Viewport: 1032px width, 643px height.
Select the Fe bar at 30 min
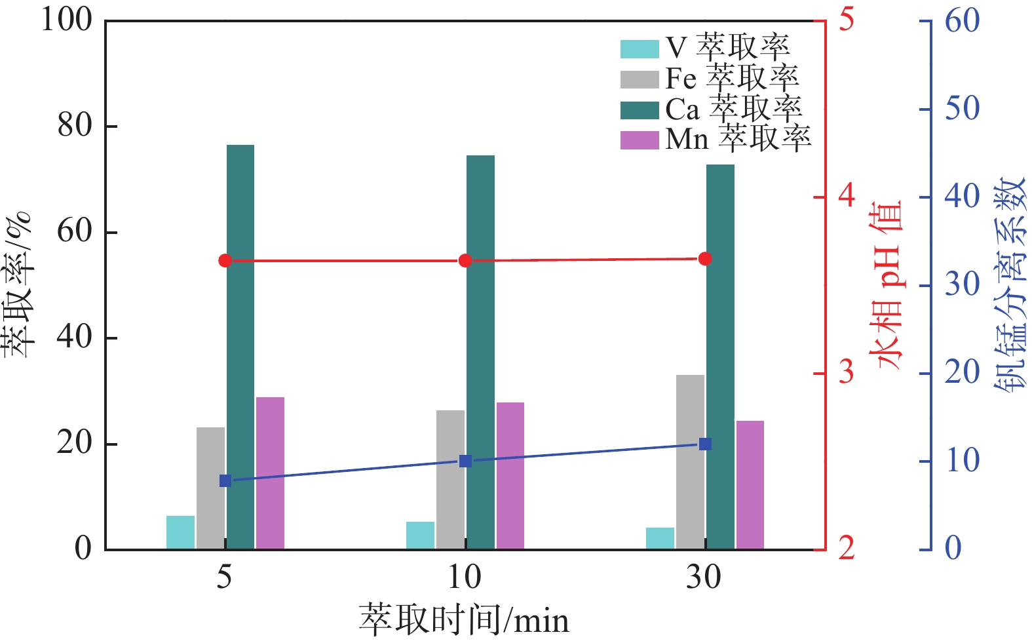coord(690,461)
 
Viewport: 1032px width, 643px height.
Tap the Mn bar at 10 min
coord(510,475)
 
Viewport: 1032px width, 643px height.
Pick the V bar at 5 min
coord(180,532)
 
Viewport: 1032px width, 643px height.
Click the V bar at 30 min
coord(660,538)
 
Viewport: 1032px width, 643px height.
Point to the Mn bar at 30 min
coord(750,484)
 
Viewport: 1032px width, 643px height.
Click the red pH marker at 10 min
coord(465,261)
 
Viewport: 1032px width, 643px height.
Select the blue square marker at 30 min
coord(705,444)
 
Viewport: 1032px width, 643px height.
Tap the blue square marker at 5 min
coord(225,481)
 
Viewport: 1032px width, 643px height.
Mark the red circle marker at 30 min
coord(705,259)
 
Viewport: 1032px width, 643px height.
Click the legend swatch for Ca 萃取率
coord(639,110)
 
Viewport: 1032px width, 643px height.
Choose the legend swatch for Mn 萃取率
coord(639,140)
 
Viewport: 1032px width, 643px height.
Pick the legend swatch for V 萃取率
coord(639,49)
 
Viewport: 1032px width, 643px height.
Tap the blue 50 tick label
coord(962,108)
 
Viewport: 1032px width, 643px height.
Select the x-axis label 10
coord(465,577)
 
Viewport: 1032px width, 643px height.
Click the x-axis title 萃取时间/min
coord(464,619)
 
